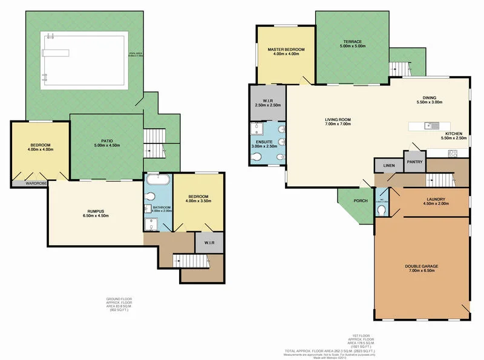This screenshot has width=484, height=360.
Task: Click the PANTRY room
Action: pos(414,162)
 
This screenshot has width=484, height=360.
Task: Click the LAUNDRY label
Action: pos(436,200)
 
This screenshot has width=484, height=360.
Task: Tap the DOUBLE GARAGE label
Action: pos(421,267)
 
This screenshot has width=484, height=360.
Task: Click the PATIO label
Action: pos(107,141)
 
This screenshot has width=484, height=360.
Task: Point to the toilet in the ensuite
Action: pos(257,157)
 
